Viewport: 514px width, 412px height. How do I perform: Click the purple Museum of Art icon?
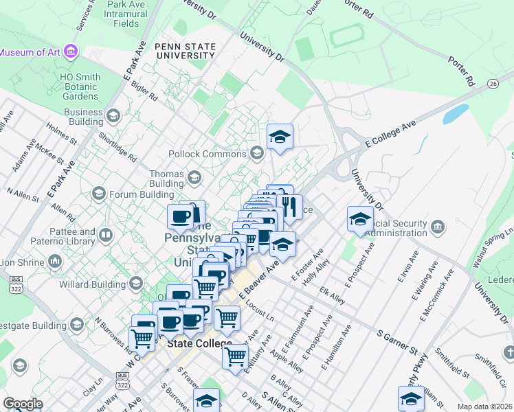point(71,51)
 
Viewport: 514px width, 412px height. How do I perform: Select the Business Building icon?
point(113,117)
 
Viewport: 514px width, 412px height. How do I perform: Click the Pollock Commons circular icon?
point(258,153)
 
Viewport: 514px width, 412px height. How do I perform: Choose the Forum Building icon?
point(98,194)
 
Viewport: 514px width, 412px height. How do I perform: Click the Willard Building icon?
point(135,283)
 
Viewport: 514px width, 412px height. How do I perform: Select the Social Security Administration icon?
point(438,227)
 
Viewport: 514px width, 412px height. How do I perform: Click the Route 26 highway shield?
point(493,83)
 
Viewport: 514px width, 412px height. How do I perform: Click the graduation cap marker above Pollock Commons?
point(280,137)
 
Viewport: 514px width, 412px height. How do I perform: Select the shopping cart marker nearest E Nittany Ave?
point(235,356)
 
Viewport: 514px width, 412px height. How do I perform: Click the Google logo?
point(23,404)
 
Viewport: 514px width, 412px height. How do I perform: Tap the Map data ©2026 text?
point(484,407)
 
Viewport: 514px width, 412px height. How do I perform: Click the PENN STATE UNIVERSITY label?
point(186,52)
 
